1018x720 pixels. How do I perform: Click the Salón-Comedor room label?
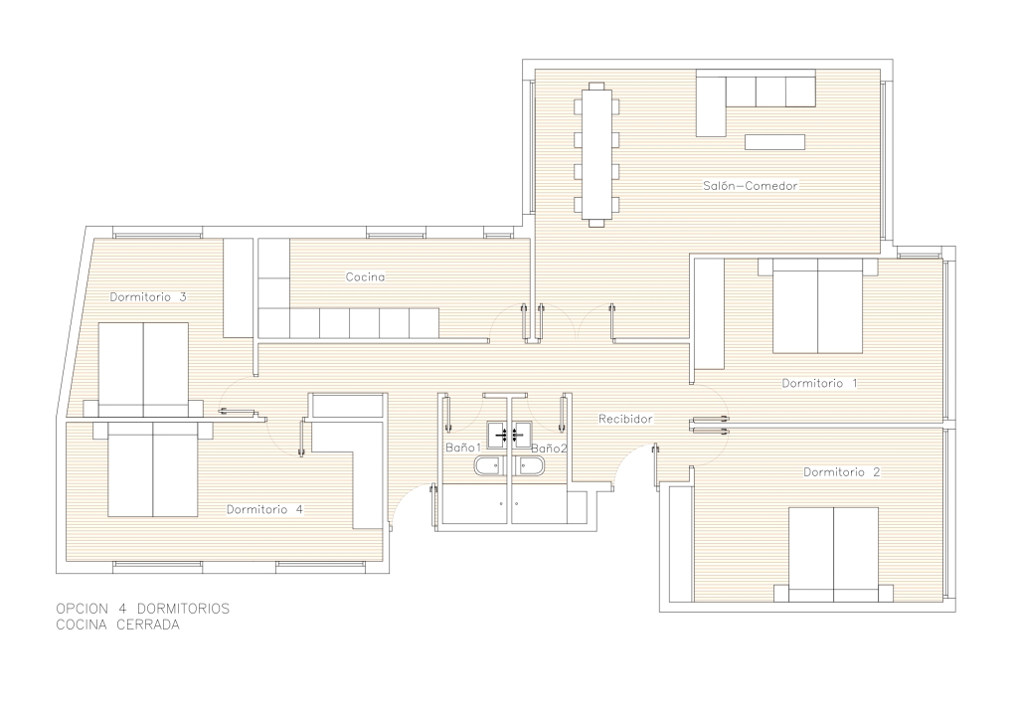tap(750, 186)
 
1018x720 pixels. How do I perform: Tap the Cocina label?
tap(365, 277)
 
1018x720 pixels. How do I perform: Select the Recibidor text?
tap(625, 420)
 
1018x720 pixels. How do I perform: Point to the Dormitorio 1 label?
tap(819, 383)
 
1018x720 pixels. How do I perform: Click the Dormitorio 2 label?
tap(841, 472)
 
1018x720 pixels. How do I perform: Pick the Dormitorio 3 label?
tap(148, 296)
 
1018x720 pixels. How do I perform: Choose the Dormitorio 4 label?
tap(264, 509)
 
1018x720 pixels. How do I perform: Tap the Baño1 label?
tap(463, 448)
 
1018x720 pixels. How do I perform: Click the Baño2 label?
tap(549, 448)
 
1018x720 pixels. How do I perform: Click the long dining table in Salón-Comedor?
tap(596, 154)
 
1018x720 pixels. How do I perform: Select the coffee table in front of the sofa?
tap(774, 141)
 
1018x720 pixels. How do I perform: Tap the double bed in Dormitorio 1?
tap(817, 305)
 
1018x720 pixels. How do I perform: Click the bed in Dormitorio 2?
tap(834, 555)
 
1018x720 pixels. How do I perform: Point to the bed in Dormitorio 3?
tap(143, 369)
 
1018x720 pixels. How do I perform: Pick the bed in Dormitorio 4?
tap(152, 468)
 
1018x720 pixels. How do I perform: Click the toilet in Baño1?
tap(487, 466)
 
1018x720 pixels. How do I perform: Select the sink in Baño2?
tap(522, 435)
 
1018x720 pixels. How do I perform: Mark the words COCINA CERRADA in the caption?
tap(117, 626)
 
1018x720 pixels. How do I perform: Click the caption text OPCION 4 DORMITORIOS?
tap(143, 609)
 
